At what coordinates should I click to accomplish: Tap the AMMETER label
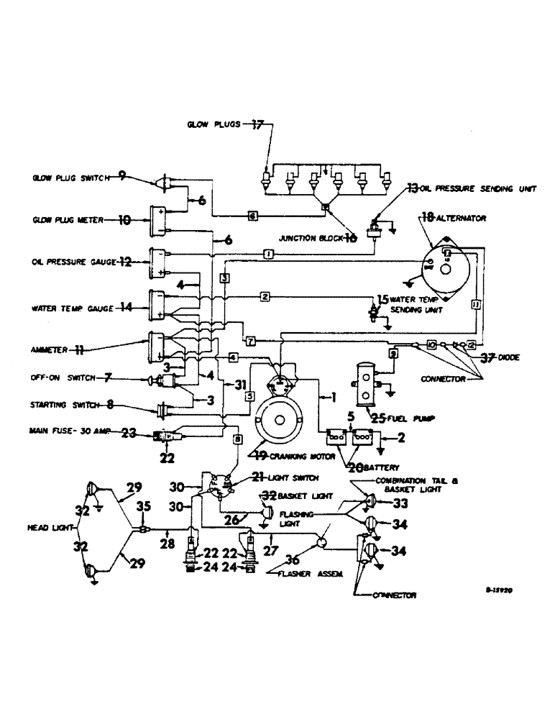pos(48,350)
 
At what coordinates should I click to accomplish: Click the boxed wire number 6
pos(252,215)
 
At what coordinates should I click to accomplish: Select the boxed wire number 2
pos(265,296)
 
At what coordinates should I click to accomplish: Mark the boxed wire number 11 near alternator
pos(475,305)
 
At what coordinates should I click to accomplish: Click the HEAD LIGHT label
pos(50,527)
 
